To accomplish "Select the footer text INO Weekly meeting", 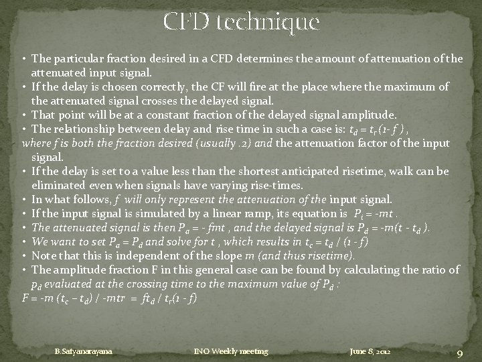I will (230, 351).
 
